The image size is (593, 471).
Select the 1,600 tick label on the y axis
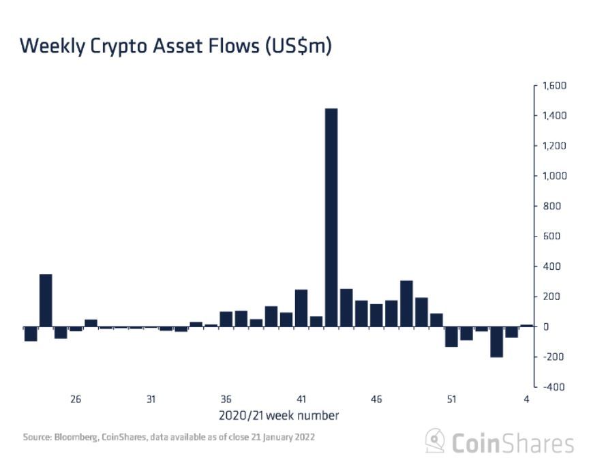(553, 86)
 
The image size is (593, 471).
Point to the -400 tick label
(553, 386)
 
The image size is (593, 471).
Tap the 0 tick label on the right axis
(545, 326)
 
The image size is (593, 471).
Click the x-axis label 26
(76, 399)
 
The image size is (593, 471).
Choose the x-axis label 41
(301, 399)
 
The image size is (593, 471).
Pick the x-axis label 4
(526, 399)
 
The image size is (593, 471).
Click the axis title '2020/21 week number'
(279, 415)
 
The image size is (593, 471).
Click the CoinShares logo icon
(436, 442)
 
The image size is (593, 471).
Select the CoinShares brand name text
(513, 443)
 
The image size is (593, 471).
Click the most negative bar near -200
(496, 341)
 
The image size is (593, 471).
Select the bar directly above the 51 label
(451, 337)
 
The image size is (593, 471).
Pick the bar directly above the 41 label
(301, 308)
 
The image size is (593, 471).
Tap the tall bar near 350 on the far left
(46, 301)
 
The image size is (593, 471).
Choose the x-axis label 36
(226, 399)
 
